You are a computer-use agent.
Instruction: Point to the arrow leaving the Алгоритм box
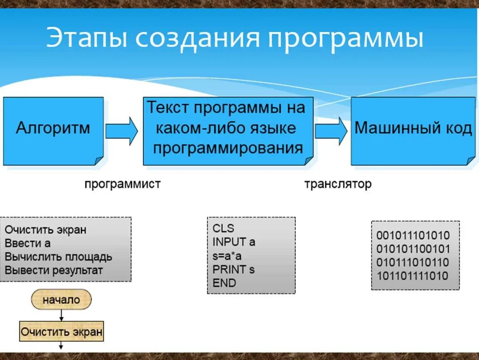(x=121, y=131)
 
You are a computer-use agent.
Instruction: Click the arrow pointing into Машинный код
(x=331, y=131)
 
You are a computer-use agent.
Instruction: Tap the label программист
(x=122, y=184)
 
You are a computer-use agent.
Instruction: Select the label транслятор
(x=337, y=184)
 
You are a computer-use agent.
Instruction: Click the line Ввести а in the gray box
(x=27, y=243)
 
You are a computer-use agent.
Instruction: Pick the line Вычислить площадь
(x=58, y=256)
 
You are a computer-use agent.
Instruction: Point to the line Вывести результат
(x=53, y=270)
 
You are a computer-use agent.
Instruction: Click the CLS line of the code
(x=223, y=228)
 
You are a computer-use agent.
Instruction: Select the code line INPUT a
(x=234, y=242)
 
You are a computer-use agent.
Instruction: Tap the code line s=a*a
(x=227, y=255)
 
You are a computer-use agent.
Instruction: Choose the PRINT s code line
(x=233, y=269)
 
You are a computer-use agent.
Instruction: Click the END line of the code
(x=224, y=283)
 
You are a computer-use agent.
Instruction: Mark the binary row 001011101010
(x=413, y=235)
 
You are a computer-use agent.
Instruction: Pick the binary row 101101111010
(x=412, y=276)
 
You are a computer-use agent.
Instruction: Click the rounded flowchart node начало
(x=61, y=300)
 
